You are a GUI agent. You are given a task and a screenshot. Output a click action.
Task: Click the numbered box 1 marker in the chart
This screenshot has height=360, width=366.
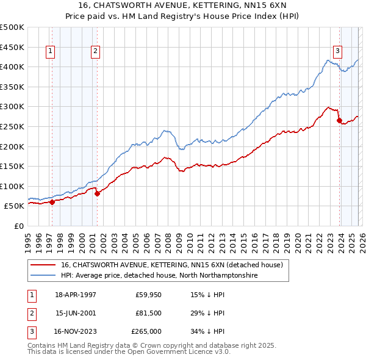click(x=49, y=52)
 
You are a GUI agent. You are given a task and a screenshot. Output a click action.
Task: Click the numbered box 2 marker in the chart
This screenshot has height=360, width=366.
click(x=96, y=52)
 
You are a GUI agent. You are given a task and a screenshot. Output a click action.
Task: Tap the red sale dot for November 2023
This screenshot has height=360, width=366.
click(x=339, y=121)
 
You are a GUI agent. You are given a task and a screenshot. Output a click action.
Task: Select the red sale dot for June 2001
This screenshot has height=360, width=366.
click(x=97, y=194)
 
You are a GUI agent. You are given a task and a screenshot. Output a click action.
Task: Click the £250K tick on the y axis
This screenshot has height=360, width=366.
click(x=12, y=126)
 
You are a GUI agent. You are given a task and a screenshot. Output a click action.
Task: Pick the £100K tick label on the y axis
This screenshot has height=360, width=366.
click(x=12, y=186)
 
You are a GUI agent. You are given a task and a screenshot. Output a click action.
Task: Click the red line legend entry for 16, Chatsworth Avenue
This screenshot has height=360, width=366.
click(x=171, y=265)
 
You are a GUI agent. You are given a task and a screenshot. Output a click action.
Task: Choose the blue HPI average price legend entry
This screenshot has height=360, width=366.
click(x=159, y=276)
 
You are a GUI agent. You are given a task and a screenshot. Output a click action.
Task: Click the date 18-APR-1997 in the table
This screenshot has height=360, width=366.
click(x=76, y=294)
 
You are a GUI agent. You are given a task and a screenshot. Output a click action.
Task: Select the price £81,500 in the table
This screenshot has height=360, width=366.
click(x=148, y=313)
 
